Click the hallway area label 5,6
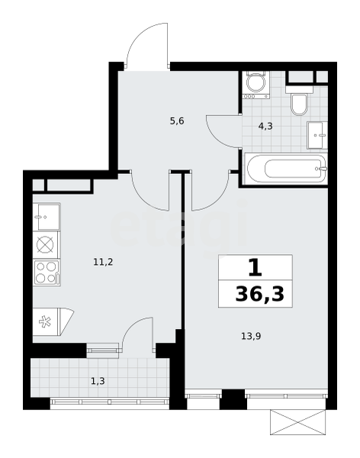point(177,121)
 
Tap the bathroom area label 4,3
point(265,126)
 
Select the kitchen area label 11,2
point(103,262)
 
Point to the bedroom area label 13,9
point(251,336)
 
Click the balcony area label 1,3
point(98,381)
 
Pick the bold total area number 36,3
point(259,294)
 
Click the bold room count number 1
point(256,268)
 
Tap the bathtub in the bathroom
point(286,169)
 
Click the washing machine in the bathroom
point(256,85)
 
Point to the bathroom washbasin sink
point(317,135)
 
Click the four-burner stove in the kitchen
point(47,273)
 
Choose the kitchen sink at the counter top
point(47,217)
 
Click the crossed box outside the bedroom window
point(297,422)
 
